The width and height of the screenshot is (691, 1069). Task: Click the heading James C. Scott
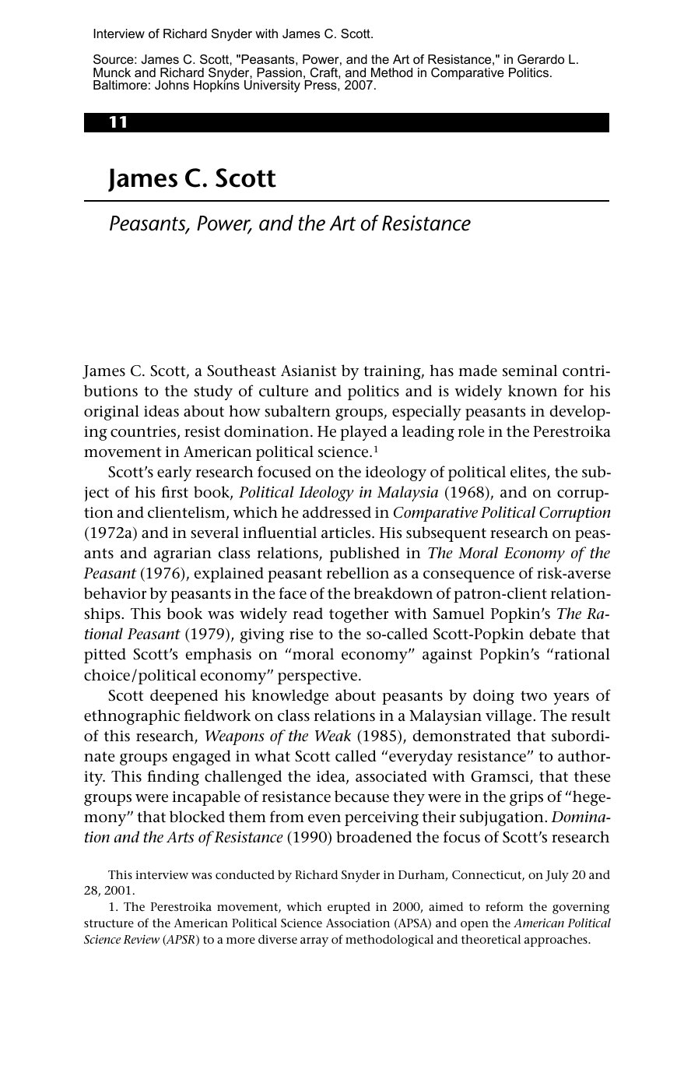coord(192,178)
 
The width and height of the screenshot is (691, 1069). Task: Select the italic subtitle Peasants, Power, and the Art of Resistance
coord(289,224)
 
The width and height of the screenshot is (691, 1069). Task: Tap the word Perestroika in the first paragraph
coord(577,431)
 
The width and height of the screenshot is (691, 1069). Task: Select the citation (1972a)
coord(106,533)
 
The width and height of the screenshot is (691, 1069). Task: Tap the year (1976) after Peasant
coord(161,573)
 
